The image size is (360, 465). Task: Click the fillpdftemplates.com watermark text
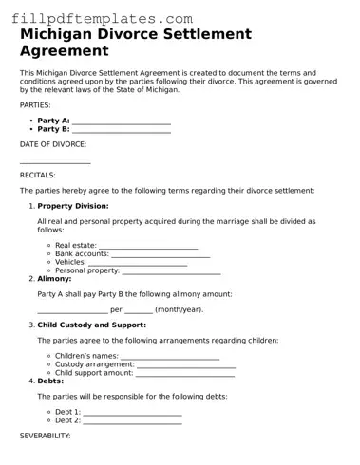[96, 17]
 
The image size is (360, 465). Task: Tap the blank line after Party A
[122, 121]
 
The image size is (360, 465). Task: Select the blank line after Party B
[122, 130]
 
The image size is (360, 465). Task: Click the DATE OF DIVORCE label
[53, 144]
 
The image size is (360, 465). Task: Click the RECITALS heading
[38, 176]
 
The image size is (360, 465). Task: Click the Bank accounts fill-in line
[161, 254]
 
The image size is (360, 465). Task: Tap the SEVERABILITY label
[46, 436]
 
